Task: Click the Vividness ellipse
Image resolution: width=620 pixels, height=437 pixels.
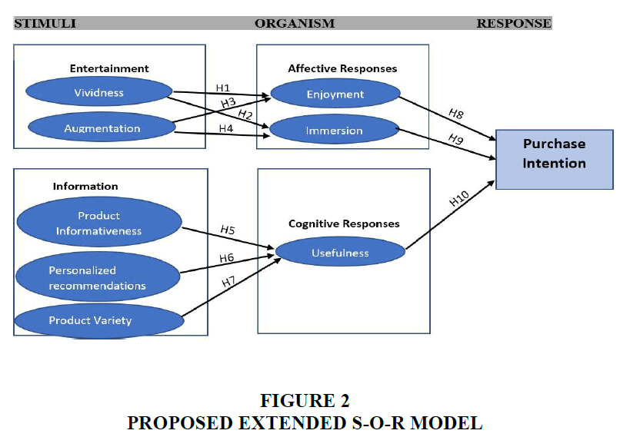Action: [x=98, y=93]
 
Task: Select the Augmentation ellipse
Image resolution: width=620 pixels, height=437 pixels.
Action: [x=102, y=128]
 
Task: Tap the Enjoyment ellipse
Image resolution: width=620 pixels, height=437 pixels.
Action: [x=335, y=94]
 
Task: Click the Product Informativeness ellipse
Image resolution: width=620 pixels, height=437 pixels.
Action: [x=98, y=223]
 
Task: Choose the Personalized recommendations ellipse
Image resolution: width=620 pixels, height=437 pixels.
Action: [x=97, y=277]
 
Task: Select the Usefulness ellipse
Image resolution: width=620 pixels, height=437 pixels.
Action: [x=340, y=253]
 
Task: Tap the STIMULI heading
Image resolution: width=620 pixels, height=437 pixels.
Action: [x=45, y=23]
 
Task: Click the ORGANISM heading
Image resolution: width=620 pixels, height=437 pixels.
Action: [x=295, y=23]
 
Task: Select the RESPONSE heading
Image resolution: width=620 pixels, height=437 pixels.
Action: [x=513, y=23]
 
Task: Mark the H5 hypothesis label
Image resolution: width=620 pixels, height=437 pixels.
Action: [x=228, y=229]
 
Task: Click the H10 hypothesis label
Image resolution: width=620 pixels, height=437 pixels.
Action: [x=458, y=199]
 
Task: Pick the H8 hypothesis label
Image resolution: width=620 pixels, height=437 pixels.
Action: [x=456, y=114]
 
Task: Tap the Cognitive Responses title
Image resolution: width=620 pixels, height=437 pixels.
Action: [x=344, y=223]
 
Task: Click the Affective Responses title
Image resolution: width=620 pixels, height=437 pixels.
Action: [x=342, y=68]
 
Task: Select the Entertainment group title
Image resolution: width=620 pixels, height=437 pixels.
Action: [x=109, y=68]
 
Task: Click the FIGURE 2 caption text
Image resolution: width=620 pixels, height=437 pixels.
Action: [x=305, y=400]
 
